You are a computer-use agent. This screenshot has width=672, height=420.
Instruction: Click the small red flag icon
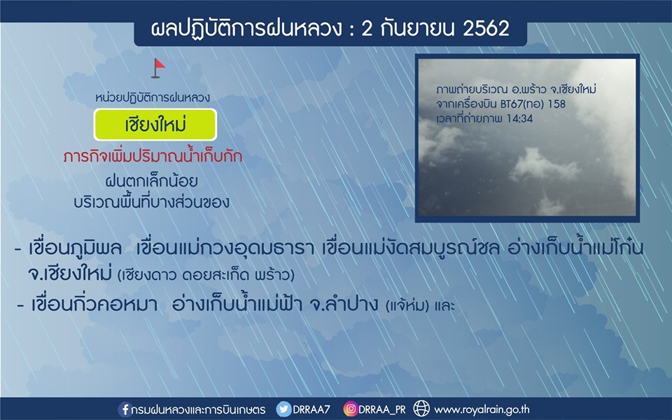(x=157, y=68)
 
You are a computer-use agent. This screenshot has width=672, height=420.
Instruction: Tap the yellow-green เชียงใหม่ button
(x=155, y=125)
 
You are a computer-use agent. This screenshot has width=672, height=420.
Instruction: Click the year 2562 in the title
(x=486, y=29)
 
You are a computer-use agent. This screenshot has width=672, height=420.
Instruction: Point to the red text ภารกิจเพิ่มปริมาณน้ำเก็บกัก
(x=153, y=155)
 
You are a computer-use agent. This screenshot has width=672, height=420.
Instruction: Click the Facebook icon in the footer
(x=125, y=409)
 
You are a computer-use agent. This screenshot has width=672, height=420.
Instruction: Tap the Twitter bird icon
(x=283, y=409)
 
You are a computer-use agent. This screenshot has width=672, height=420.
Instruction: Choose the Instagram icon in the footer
(x=350, y=409)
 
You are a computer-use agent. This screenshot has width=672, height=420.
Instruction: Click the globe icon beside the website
(x=421, y=409)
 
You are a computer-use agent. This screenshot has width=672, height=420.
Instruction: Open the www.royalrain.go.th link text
(x=482, y=409)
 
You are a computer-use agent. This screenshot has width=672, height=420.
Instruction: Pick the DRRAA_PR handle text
(x=382, y=410)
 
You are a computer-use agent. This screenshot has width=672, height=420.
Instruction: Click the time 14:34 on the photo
(x=519, y=118)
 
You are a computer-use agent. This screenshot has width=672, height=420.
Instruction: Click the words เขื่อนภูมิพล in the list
(x=75, y=248)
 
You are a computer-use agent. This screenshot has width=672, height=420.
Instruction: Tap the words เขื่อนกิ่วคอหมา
(x=94, y=304)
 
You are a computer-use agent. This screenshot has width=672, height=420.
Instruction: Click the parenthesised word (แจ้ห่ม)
(x=407, y=306)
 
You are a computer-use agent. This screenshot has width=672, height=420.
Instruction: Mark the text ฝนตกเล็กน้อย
(x=152, y=181)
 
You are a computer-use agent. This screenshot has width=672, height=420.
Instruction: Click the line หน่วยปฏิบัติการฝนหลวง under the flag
(x=153, y=98)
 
